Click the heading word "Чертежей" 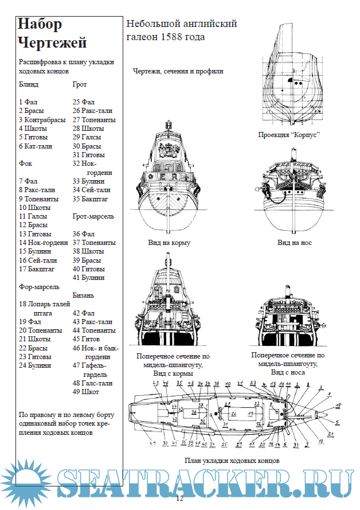coord(52,42)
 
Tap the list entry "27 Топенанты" coord(94,120)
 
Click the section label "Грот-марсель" coord(93,216)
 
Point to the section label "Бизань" coord(84,295)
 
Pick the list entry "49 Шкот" coord(85,392)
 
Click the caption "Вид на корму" coord(169,243)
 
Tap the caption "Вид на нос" coord(295,243)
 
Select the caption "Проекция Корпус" coord(288,135)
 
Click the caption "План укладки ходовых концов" coord(232,461)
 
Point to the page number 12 coord(179,499)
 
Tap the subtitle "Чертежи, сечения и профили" coord(178,71)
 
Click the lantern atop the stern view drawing coord(169,125)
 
